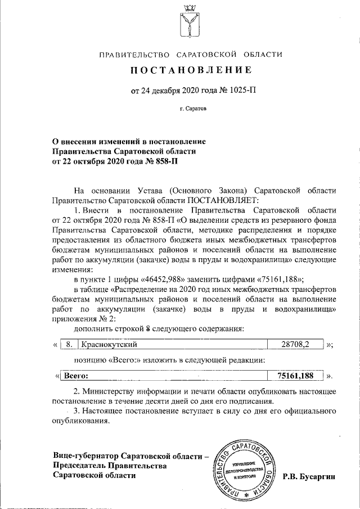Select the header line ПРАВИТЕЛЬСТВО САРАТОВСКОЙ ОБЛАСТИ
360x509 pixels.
tap(191, 55)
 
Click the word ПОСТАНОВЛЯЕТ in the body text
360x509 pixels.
tap(223, 199)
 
